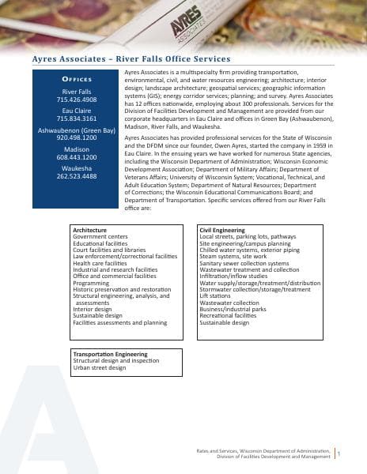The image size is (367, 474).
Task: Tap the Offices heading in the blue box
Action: (x=77, y=80)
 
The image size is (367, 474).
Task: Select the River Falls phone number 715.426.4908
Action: (x=77, y=100)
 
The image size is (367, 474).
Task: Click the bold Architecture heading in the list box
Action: (x=89, y=229)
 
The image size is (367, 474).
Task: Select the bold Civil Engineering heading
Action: (x=225, y=229)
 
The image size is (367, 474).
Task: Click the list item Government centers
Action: (x=100, y=236)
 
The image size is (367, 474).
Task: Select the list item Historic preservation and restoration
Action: (x=121, y=289)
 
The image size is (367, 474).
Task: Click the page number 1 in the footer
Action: (x=339, y=453)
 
